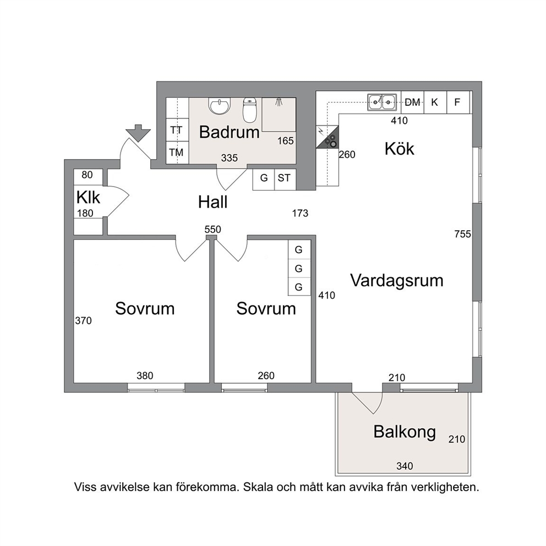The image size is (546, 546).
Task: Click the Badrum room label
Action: click(229, 132)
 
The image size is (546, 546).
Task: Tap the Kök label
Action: click(400, 149)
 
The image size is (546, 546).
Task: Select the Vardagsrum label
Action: click(397, 281)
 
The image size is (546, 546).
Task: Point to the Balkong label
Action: click(405, 432)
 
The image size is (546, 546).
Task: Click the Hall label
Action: click(213, 202)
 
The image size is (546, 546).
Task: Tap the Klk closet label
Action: click(88, 198)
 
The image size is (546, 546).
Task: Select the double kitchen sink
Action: click(382, 102)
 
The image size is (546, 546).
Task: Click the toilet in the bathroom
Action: click(249, 110)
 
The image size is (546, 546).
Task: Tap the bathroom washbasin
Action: click(220, 106)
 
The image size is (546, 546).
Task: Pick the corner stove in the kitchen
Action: click(327, 137)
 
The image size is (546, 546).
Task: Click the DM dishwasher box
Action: click(413, 102)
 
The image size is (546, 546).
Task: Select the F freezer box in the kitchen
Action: click(458, 102)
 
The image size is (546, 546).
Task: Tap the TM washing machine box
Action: click(177, 152)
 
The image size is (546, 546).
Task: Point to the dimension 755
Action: click(462, 234)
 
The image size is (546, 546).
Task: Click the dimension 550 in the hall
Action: click(213, 230)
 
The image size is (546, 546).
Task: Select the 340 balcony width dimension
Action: click(405, 466)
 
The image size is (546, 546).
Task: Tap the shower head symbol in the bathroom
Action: click(278, 102)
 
